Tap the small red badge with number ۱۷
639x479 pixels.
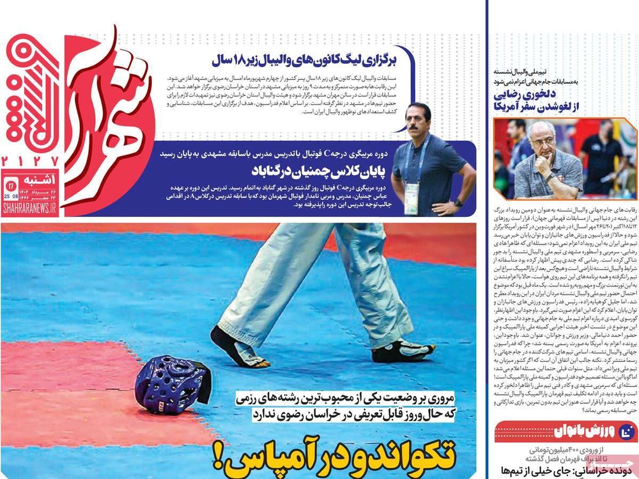11,185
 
